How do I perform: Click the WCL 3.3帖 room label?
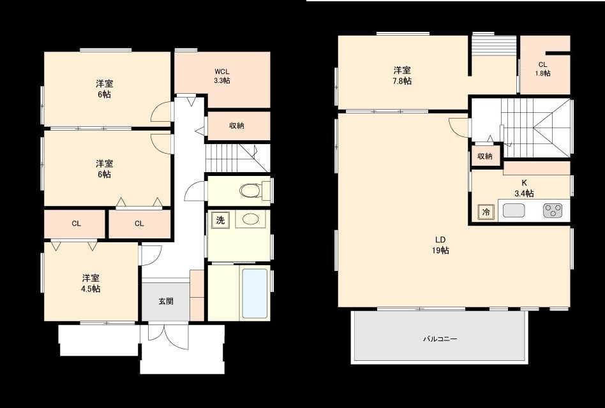(x=222, y=76)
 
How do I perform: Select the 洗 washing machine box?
(x=220, y=220)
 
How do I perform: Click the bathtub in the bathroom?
(x=255, y=294)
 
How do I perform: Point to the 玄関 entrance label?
(x=166, y=301)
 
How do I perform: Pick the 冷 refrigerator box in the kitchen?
(x=486, y=212)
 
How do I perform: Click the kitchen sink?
(x=513, y=210)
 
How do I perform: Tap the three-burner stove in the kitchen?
(x=554, y=210)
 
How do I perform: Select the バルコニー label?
(x=440, y=339)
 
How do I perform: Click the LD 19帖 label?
(x=440, y=245)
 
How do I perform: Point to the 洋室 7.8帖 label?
(x=401, y=75)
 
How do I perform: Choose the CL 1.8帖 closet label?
(x=542, y=68)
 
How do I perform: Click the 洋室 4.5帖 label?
(x=91, y=283)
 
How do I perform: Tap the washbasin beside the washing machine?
(x=250, y=220)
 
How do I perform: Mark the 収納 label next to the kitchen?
(x=485, y=156)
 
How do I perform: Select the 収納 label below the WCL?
(x=237, y=126)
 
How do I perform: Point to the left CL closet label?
(x=76, y=223)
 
